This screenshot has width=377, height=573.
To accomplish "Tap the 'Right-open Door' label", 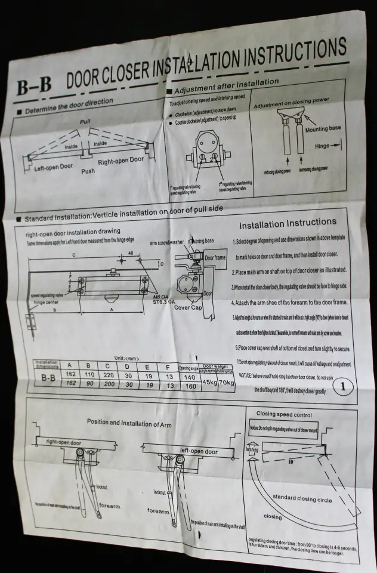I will pos(120,161).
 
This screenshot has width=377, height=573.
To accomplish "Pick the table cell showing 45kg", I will pos(209,381).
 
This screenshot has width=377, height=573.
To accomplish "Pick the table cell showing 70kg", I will pos(226,381).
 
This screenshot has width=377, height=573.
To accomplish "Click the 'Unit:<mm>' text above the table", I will pos(125,357).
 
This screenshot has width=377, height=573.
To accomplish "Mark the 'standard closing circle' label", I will pos(302,498).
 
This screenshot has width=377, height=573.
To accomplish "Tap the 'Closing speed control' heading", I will pos(284,414).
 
